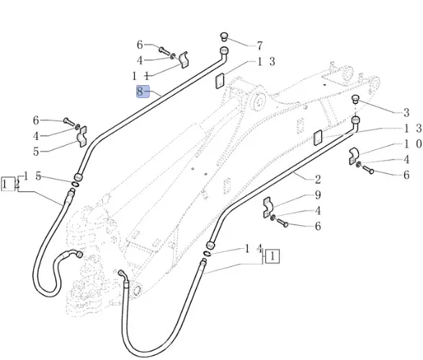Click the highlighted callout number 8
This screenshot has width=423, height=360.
(x=140, y=92)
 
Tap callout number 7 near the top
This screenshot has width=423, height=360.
(x=259, y=45)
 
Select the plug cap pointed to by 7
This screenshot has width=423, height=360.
(x=224, y=37)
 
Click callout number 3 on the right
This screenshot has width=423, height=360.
(x=406, y=113)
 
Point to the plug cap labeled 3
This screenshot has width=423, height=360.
(x=355, y=99)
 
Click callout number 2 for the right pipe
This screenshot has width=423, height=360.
(x=318, y=180)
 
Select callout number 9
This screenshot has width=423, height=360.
(x=318, y=195)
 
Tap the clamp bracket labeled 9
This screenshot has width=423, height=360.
(x=268, y=207)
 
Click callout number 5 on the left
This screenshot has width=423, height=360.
(x=36, y=152)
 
